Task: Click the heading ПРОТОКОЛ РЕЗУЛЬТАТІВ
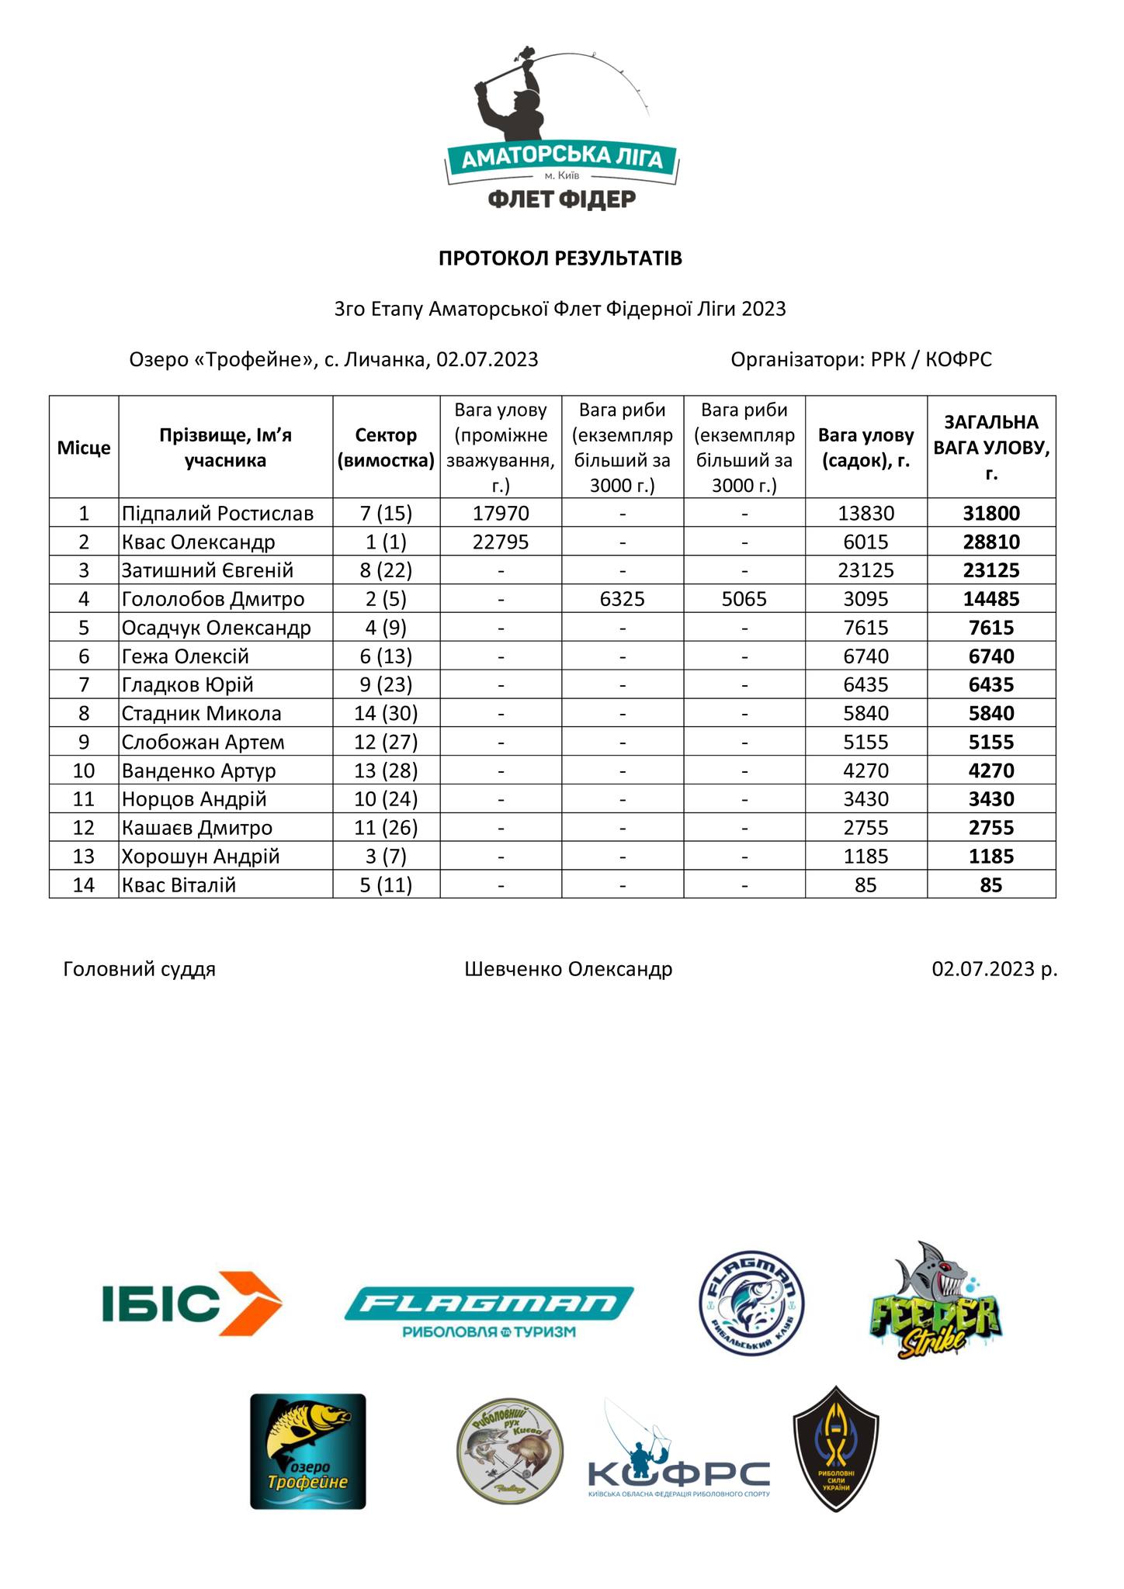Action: [560, 258]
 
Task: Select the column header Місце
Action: [84, 448]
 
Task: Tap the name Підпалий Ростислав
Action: [218, 514]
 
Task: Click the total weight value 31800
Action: [991, 514]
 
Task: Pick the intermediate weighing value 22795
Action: [501, 542]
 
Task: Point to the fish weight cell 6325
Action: [623, 599]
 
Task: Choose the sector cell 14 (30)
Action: [386, 714]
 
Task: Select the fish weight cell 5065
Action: [744, 599]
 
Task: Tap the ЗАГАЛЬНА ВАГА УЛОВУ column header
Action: [991, 448]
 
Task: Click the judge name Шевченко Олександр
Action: [568, 969]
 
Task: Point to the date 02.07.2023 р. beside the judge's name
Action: [994, 969]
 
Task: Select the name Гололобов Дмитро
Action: [213, 599]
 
